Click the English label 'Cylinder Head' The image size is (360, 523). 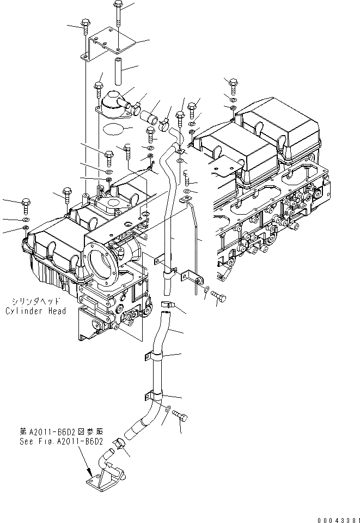pos(36,311)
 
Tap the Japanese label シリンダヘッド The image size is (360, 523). pos(37,301)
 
